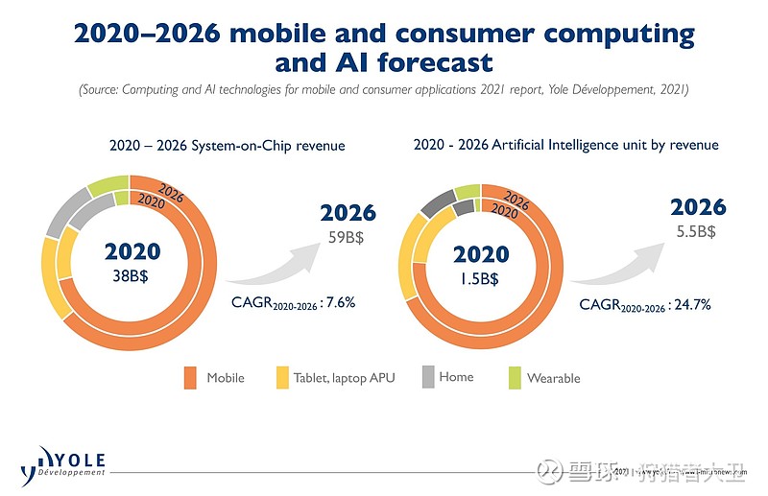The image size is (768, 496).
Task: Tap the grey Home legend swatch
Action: point(428,377)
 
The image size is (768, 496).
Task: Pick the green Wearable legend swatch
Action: point(514,378)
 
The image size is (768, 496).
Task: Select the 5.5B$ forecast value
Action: point(698,231)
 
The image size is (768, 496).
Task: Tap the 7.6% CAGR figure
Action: point(338,303)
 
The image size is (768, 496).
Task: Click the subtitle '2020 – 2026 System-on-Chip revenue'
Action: point(227,146)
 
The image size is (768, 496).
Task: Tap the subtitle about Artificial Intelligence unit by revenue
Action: point(565,145)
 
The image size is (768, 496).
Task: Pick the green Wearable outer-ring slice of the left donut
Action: point(107,185)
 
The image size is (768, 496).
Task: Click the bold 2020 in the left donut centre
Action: point(132,252)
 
